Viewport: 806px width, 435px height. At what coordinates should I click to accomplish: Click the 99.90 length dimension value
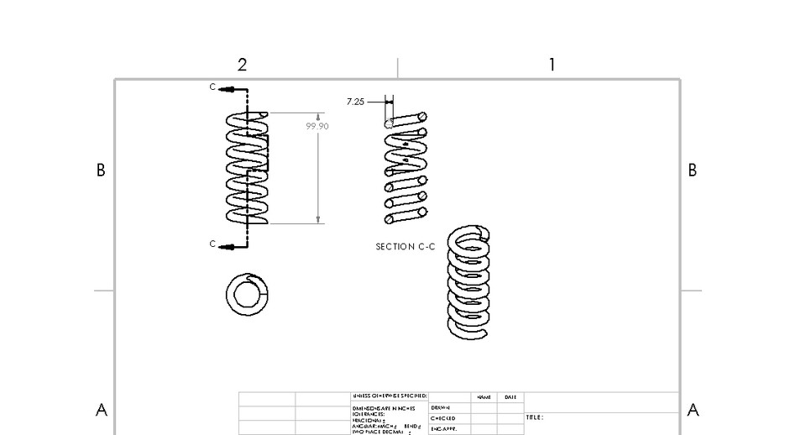pos(317,126)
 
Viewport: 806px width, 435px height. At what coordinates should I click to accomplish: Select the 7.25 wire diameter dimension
pos(355,102)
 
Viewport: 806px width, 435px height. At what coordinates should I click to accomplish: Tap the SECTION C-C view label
pos(405,247)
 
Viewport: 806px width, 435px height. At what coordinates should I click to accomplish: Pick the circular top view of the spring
pos(247,294)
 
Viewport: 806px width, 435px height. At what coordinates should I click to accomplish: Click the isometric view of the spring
pos(469,282)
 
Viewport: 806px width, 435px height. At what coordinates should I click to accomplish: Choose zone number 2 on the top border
pos(242,65)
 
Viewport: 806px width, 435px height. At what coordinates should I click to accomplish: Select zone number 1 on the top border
pos(552,65)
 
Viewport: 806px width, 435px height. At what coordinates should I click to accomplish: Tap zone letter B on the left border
pos(101,170)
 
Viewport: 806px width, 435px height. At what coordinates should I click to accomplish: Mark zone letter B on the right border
pos(693,170)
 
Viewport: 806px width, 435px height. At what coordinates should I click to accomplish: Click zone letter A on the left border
pos(102,411)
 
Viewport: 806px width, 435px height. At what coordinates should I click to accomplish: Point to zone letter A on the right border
pos(693,411)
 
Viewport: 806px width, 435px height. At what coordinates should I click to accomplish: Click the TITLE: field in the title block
pos(535,417)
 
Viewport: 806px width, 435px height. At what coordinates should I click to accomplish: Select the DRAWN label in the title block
pos(441,407)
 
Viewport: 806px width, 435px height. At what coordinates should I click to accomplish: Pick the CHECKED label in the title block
pos(442,418)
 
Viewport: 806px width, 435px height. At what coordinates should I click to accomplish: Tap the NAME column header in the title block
pos(484,397)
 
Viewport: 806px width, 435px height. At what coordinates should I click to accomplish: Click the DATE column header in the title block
pos(510,397)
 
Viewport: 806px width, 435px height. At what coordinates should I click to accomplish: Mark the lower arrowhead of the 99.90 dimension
pos(318,220)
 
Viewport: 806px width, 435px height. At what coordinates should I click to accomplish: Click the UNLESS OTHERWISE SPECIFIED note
pos(390,396)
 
